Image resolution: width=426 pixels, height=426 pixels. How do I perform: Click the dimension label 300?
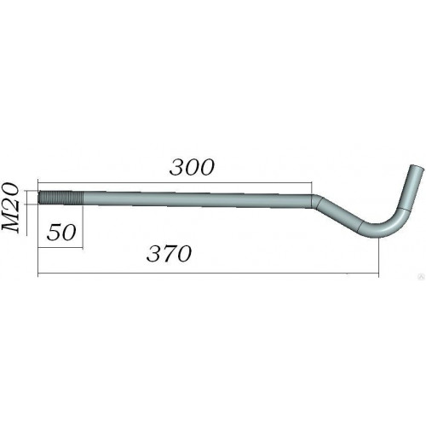pyautogui.click(x=192, y=167)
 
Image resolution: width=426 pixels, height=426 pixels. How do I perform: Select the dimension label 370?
pyautogui.click(x=169, y=253)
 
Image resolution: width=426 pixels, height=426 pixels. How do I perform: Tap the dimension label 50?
pyautogui.click(x=61, y=233)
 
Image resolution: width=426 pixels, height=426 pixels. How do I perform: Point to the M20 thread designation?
pyautogui.click(x=10, y=207)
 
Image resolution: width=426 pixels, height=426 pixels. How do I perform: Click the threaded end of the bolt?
pyautogui.click(x=60, y=198)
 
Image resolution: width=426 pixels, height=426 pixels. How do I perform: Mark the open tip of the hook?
pyautogui.click(x=417, y=168)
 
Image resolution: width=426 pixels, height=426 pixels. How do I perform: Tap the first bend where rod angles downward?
pyautogui.click(x=316, y=201)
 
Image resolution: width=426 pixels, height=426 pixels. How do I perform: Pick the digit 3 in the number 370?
pyautogui.click(x=154, y=254)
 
